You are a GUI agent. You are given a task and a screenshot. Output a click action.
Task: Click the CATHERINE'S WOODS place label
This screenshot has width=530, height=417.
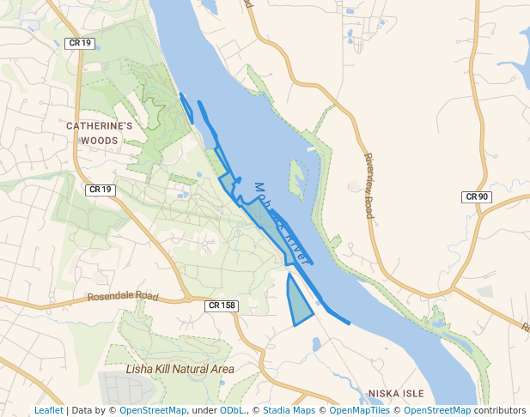(x=100, y=132)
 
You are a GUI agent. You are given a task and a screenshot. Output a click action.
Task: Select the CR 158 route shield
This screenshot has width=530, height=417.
(x=221, y=305)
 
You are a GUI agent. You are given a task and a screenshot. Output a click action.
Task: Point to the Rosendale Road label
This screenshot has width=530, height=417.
(x=123, y=297)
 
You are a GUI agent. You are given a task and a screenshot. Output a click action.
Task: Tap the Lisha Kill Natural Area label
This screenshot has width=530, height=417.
(x=180, y=369)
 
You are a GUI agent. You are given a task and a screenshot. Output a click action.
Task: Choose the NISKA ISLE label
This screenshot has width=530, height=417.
(x=396, y=394)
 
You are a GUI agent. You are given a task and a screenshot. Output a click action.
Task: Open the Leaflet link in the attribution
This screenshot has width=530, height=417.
(x=48, y=411)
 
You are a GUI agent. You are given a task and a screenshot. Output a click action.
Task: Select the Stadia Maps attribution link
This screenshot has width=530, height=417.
(x=289, y=411)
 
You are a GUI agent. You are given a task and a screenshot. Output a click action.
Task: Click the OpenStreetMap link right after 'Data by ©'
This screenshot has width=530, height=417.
(x=153, y=411)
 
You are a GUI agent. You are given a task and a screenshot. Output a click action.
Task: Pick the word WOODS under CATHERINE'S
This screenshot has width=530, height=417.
(x=100, y=140)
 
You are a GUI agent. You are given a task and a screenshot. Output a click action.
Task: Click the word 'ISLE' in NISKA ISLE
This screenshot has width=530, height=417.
(x=411, y=394)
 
